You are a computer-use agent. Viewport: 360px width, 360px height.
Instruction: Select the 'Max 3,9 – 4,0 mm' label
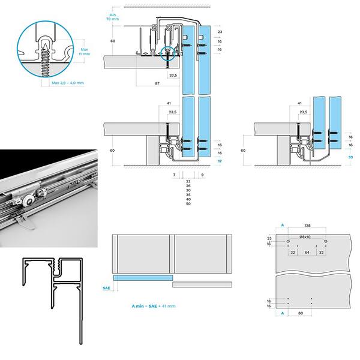tap(67, 82)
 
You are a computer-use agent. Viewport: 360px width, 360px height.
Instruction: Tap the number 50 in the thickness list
tap(188, 205)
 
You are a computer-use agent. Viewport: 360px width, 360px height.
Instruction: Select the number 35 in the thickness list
tap(188, 195)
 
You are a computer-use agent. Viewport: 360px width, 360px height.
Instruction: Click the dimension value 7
tap(173, 175)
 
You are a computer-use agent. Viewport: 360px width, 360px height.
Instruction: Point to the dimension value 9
tap(202, 175)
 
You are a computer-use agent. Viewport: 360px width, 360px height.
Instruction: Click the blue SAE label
tap(106, 289)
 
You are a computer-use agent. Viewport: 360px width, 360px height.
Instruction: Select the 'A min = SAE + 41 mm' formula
tap(154, 306)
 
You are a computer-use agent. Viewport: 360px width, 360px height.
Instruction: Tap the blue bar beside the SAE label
tap(143, 278)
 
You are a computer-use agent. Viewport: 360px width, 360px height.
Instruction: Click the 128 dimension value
tap(307, 226)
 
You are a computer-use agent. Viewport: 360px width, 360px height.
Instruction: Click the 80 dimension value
tap(299, 313)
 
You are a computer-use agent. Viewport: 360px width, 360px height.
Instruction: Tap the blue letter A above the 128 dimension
tap(282, 226)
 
